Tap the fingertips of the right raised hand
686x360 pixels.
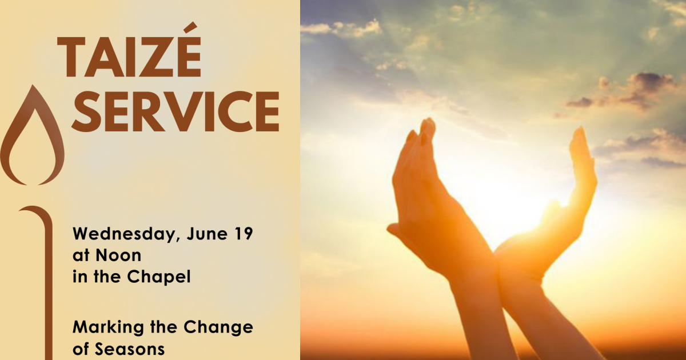pyautogui.click(x=580, y=137)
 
